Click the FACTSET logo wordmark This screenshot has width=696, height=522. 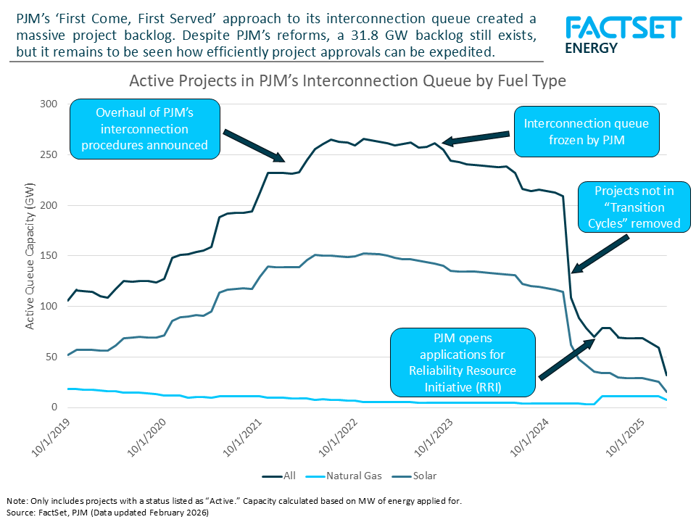(x=623, y=28)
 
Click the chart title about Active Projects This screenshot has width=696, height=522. (x=347, y=81)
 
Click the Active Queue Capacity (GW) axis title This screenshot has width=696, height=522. (x=30, y=256)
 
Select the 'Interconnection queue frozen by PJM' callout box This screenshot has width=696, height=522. (x=586, y=132)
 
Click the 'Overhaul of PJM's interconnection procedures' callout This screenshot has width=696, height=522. (x=144, y=129)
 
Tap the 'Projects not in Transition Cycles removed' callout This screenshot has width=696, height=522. (x=632, y=207)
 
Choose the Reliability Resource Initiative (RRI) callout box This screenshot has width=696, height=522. (x=463, y=362)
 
